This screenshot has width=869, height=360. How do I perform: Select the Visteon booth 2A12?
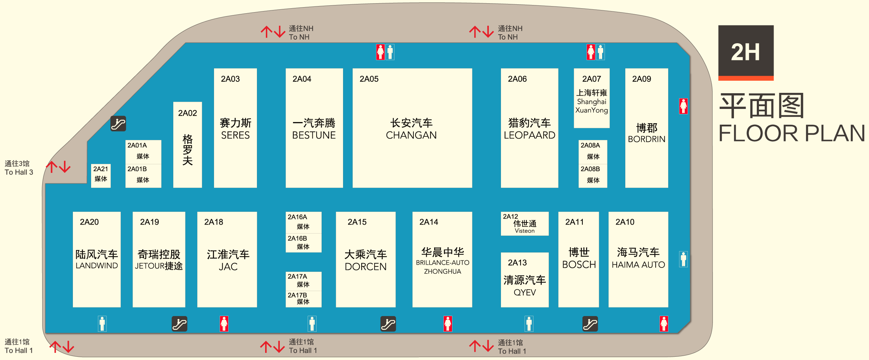click(x=524, y=224)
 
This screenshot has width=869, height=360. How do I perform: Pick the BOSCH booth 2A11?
click(x=578, y=259)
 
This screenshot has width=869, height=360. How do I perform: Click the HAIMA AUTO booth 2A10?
click(x=638, y=259)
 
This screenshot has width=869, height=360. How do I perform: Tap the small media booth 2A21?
click(x=101, y=175)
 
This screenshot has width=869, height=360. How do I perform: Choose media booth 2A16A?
click(x=303, y=222)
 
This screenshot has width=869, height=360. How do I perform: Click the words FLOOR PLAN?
click(x=791, y=134)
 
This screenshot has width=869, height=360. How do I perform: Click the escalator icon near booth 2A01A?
click(x=118, y=124)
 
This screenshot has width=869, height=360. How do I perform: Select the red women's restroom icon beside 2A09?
click(x=683, y=106)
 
